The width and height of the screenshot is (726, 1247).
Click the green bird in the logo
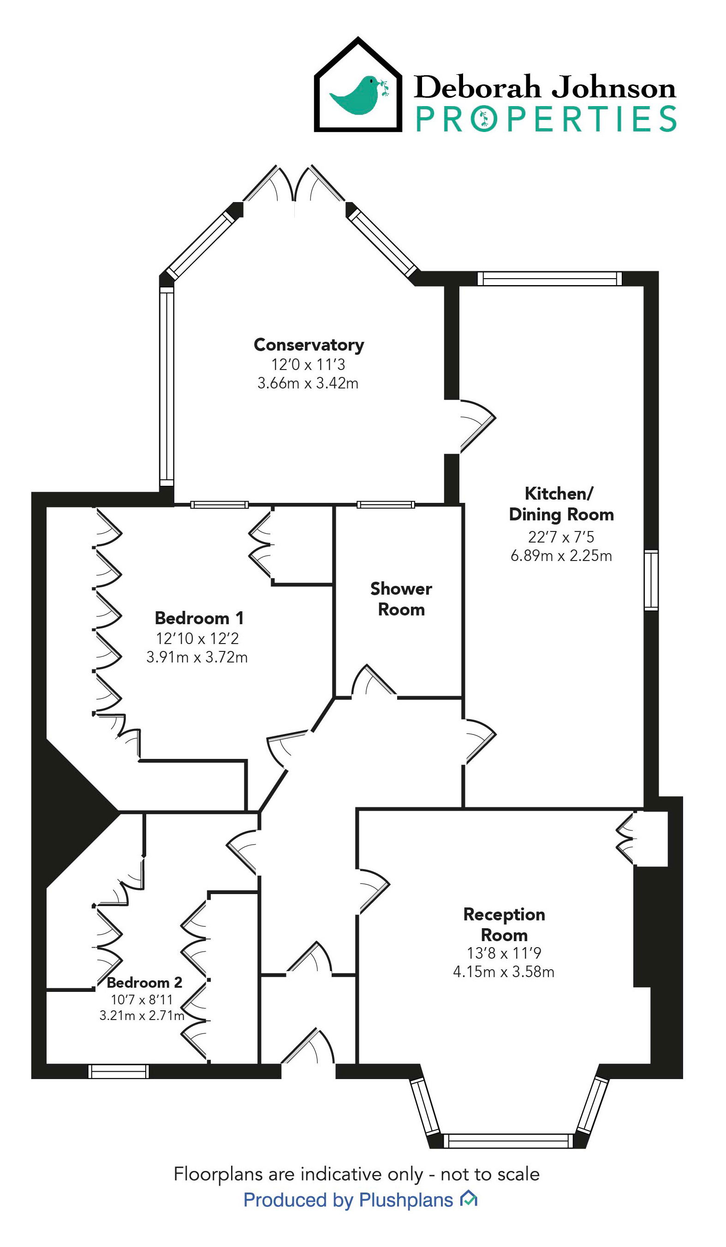359,95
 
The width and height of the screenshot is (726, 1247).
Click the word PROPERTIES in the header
545,119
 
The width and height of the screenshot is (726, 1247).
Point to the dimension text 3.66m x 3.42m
307,383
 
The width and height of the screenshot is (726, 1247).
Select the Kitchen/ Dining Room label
561,504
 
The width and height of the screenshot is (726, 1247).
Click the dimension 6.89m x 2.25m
561,556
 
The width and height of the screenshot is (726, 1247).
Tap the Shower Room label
401,599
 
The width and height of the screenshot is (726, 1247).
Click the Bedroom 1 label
199,618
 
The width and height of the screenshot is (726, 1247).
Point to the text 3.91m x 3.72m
196,657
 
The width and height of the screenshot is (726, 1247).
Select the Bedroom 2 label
144,982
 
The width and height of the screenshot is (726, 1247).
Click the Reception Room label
504,925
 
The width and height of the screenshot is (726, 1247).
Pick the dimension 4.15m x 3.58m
503,972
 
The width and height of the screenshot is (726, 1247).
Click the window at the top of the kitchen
549,279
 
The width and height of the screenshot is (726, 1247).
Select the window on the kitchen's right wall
651,580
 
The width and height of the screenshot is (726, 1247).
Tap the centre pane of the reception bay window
507,1141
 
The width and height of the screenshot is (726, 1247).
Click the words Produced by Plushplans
348,1200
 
